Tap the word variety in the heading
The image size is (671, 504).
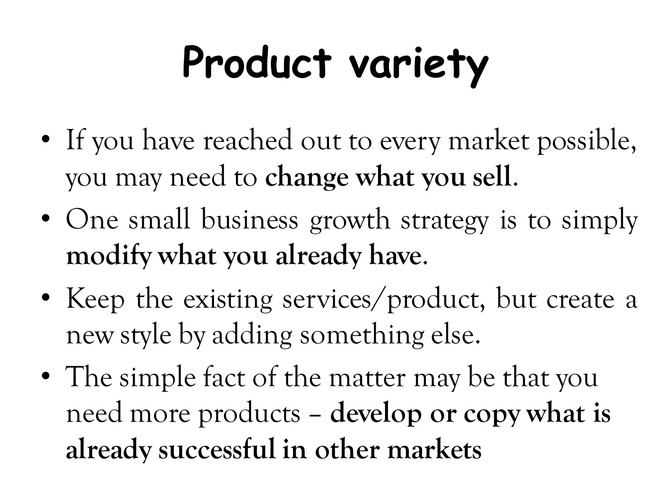[418, 66]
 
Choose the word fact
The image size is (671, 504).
[224, 377]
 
